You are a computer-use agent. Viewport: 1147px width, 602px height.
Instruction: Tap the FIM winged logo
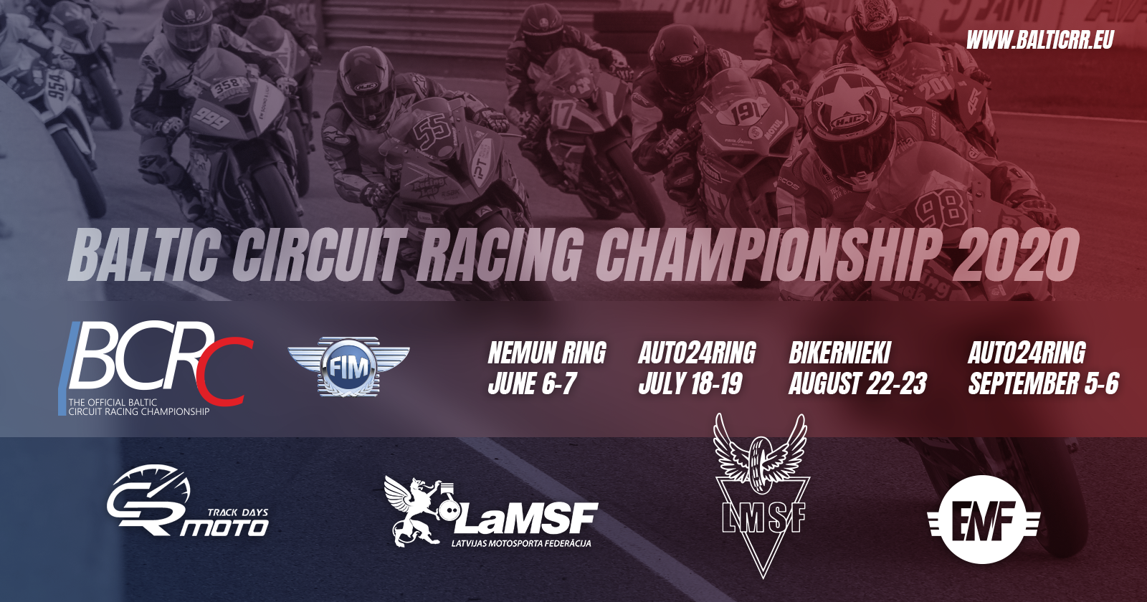(x=348, y=366)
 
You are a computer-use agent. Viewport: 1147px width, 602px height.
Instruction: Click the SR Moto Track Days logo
(x=187, y=502)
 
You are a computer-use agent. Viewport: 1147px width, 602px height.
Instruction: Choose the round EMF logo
(x=983, y=520)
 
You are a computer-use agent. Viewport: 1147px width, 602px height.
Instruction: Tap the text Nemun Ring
(x=547, y=353)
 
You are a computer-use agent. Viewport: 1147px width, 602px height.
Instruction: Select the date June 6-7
(x=533, y=383)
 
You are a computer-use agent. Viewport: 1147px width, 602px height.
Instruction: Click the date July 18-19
(x=690, y=383)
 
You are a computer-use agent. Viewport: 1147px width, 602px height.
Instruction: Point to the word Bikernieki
(x=839, y=353)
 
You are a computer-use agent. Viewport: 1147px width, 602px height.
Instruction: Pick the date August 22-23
(x=857, y=383)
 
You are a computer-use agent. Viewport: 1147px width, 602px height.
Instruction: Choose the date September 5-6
(x=1043, y=383)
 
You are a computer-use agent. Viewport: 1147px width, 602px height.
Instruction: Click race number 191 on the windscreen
(x=745, y=113)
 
